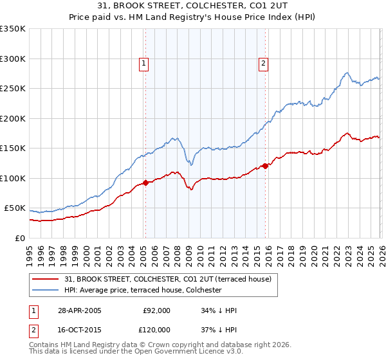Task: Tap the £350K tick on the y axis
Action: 13,29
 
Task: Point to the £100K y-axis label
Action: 13,178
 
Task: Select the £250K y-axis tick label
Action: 13,89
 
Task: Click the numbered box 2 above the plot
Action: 264,63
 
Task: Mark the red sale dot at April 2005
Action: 146,183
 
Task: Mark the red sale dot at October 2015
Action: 265,166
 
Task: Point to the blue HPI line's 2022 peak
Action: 347,73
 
